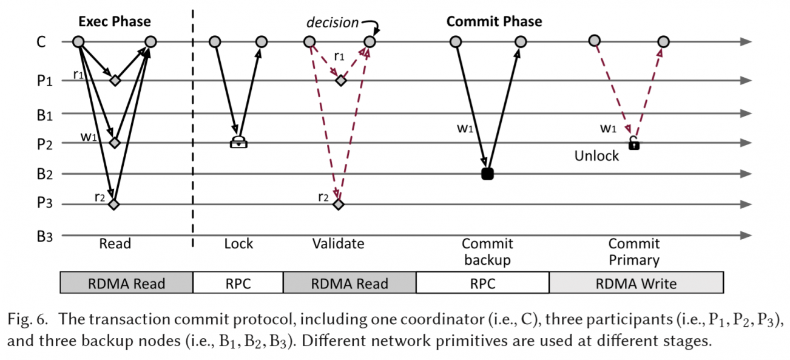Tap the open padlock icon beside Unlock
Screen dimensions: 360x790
click(x=633, y=144)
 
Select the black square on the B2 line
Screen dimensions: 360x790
click(x=487, y=174)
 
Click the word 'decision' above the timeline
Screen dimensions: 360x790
click(x=332, y=22)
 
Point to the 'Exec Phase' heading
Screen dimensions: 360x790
click(x=114, y=22)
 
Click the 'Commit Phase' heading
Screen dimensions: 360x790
click(x=494, y=22)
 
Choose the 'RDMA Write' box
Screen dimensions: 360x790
click(x=636, y=283)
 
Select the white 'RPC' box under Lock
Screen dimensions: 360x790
click(x=238, y=283)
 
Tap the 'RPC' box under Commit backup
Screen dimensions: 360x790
click(x=482, y=283)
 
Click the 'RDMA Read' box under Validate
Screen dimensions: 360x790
click(x=349, y=283)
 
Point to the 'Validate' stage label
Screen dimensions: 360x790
click(x=338, y=244)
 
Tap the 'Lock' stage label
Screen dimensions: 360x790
click(x=238, y=244)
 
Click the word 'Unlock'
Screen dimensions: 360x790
click(x=596, y=156)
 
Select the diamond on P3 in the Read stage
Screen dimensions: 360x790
click(x=113, y=204)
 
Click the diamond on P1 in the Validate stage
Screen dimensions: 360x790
click(x=341, y=80)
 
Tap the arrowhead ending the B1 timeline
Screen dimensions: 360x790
click(x=748, y=114)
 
